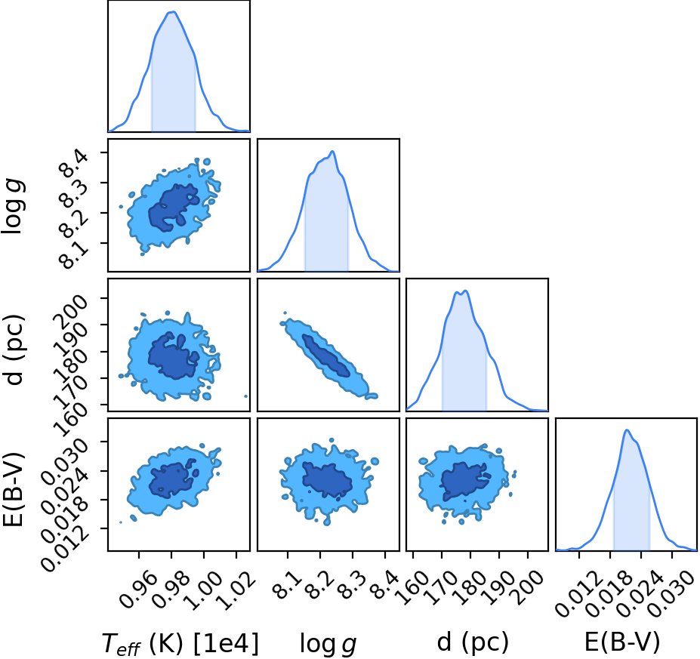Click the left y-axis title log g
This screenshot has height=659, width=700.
(x=13, y=205)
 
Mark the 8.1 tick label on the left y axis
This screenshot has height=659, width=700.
(x=72, y=254)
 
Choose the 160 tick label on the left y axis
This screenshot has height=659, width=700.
(x=72, y=416)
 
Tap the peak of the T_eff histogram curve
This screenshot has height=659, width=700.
(x=173, y=12)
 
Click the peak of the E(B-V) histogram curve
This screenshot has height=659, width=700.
(x=627, y=430)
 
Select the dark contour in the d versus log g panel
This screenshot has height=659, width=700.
(x=326, y=355)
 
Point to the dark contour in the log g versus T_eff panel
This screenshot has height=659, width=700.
(x=173, y=208)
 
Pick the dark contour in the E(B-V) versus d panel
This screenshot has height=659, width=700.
(x=464, y=481)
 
